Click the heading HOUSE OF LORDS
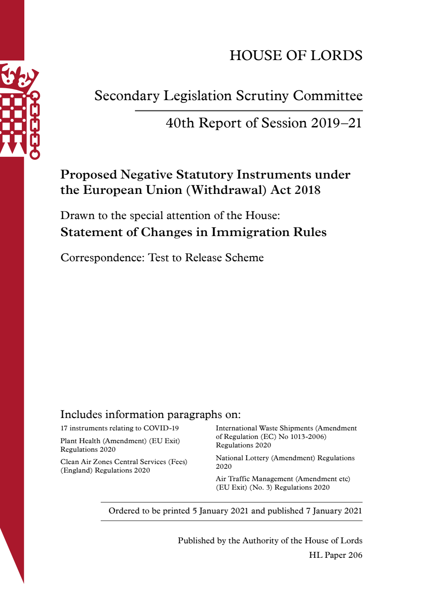[x=296, y=55]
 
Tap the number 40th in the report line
[x=180, y=123]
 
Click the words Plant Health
[x=80, y=441]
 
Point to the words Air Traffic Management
[x=254, y=479]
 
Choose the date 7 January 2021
[x=334, y=511]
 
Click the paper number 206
[x=355, y=555]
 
